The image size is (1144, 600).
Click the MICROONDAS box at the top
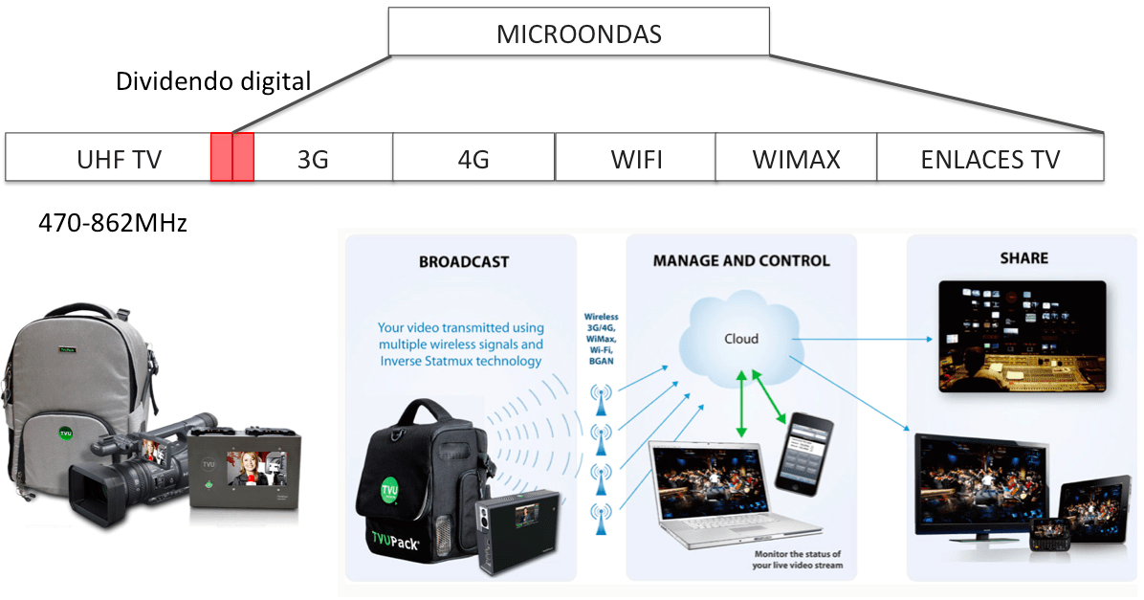[579, 33]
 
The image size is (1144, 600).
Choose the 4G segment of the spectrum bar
[473, 158]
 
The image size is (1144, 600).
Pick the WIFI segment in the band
[635, 158]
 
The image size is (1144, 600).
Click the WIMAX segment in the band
[796, 158]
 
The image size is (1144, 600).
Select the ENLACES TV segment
[990, 158]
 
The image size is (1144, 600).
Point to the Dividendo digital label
[213, 81]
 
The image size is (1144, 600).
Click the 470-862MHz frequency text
[113, 224]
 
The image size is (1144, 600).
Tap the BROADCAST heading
[464, 261]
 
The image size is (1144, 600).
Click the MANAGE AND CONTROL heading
[741, 260]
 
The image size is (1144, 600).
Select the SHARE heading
[1023, 258]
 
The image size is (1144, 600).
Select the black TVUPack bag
[421, 488]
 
